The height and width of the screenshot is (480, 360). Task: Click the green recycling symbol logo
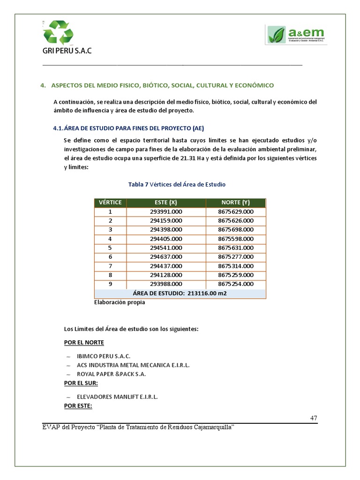tap(58, 32)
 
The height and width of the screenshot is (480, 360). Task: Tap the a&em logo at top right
tap(296, 35)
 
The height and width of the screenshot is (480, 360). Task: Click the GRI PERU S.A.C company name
tap(67, 51)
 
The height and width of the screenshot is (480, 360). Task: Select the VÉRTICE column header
tap(111, 202)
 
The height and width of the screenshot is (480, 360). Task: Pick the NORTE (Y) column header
tap(236, 202)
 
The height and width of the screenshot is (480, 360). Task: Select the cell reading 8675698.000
tap(236, 230)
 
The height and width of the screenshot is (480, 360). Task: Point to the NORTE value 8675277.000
tap(236, 256)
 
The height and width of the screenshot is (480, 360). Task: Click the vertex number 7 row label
tap(111, 266)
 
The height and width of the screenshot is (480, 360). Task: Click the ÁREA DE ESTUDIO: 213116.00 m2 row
tap(180, 293)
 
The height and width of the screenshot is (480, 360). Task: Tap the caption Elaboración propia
tap(120, 302)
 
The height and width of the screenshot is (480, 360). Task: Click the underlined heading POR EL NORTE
tap(84, 343)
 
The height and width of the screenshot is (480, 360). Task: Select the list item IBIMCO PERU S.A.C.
tap(104, 356)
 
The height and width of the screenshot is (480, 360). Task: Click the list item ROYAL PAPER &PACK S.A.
tap(111, 374)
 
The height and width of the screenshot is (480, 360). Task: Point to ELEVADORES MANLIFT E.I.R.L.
tap(117, 397)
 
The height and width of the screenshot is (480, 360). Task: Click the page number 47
tap(314, 418)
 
